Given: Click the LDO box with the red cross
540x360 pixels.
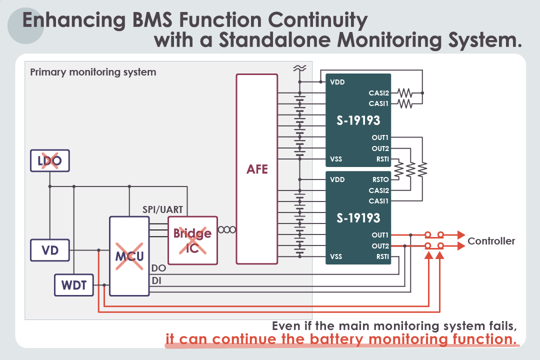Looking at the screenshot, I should [49, 161].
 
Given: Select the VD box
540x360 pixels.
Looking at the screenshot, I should [49, 250].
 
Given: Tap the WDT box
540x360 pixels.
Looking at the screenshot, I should [74, 285].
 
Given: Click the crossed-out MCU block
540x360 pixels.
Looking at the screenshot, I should [129, 256].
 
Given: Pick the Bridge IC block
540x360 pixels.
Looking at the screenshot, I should [192, 240].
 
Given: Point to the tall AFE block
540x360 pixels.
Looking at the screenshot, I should [257, 169].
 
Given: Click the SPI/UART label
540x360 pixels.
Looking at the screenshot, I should [163, 209].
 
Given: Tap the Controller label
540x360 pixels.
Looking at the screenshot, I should [491, 241].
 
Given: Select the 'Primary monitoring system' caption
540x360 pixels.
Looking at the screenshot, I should [93, 72].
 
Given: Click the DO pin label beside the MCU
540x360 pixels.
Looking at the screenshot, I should [158, 268].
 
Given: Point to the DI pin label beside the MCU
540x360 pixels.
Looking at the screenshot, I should [156, 281].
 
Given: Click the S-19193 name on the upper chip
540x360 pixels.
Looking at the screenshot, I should [358, 120].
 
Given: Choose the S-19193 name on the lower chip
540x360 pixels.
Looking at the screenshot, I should [358, 218].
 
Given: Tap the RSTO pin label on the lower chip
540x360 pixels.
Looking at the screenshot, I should [380, 179].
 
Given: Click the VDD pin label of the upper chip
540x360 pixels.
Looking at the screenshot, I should [337, 82].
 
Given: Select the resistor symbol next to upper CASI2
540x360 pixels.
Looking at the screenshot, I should [404, 93].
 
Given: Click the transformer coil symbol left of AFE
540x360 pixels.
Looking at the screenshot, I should [226, 229].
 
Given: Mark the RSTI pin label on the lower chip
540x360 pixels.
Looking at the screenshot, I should [382, 256].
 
